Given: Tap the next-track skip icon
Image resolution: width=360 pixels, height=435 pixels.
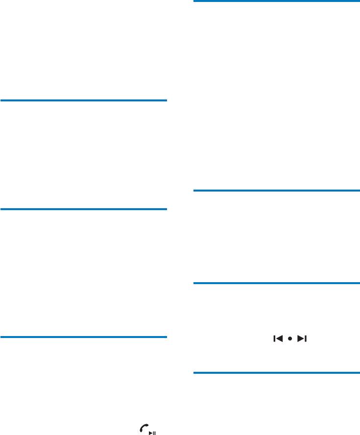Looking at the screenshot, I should click(302, 338).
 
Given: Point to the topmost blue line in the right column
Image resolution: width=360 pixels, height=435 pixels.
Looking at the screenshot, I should click(276, 1).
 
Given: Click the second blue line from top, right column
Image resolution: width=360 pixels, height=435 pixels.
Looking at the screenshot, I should click(276, 190).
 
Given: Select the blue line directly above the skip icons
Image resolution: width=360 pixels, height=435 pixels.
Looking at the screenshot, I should click(276, 283).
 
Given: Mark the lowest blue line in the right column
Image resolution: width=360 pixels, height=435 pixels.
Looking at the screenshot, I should click(276, 373).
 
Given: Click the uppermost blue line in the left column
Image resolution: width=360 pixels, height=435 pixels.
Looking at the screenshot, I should click(84, 100).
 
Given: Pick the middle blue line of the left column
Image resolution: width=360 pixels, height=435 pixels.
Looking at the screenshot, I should click(84, 209).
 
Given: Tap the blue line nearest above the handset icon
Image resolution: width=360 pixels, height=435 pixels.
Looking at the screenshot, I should click(84, 337).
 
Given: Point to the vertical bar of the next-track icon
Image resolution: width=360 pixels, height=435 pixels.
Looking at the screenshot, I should click(305, 338).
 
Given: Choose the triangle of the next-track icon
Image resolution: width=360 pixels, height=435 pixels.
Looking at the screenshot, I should click(301, 338).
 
